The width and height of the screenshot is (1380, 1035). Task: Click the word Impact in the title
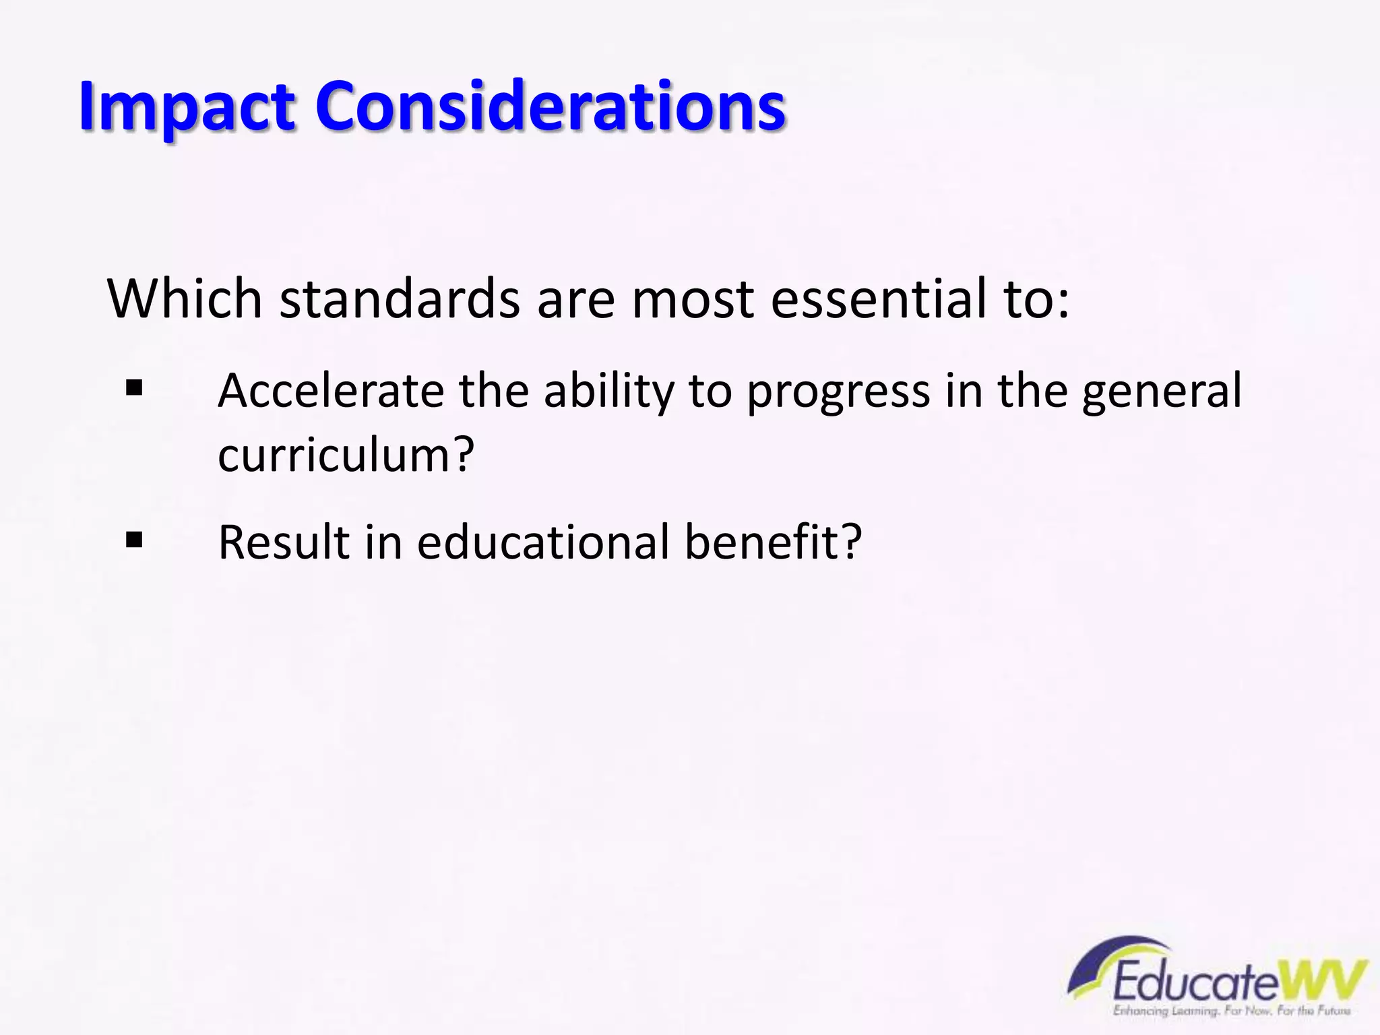tap(187, 106)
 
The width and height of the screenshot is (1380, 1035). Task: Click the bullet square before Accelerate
tap(134, 389)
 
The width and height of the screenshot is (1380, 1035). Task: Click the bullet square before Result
tap(134, 540)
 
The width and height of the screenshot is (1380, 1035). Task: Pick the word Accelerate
tap(330, 391)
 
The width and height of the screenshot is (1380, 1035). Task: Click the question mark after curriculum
tap(462, 454)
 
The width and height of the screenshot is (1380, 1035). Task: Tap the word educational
tap(542, 542)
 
